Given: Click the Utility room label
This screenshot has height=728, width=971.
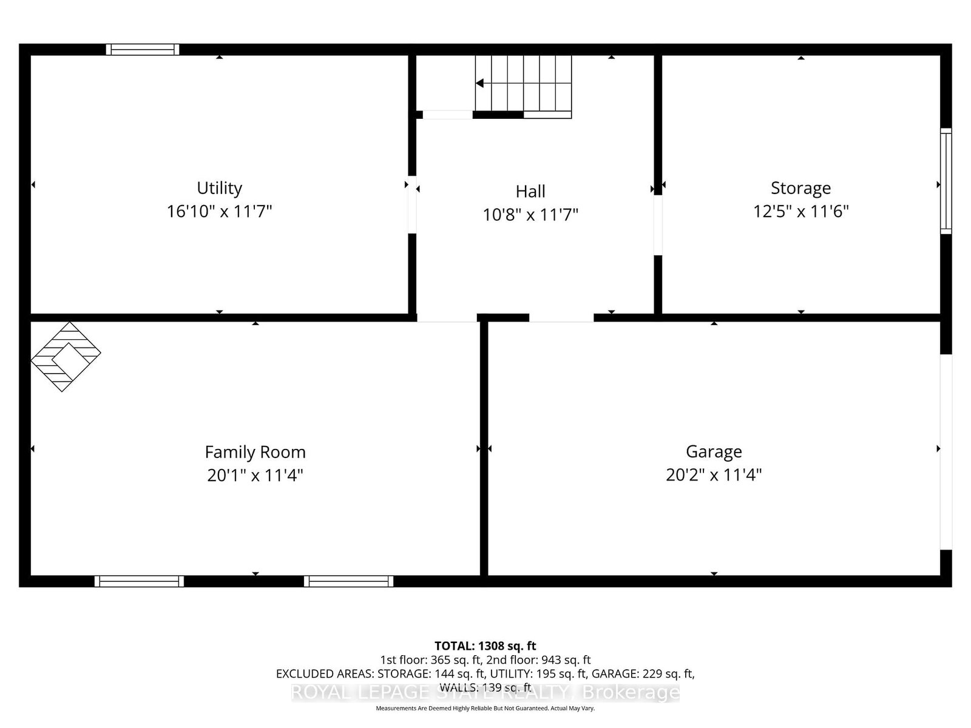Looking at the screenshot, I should (219, 188).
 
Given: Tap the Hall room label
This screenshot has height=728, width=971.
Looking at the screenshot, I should (530, 191).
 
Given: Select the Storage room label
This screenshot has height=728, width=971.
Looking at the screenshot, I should (800, 188).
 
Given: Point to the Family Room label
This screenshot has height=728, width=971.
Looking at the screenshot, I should (255, 452).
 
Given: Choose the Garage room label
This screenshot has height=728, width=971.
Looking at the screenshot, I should (714, 451).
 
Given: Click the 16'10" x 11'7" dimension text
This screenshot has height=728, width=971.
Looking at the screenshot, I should (219, 211).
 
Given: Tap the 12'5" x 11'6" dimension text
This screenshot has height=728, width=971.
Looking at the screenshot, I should (800, 211).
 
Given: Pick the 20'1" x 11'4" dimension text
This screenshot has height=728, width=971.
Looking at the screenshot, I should (255, 475).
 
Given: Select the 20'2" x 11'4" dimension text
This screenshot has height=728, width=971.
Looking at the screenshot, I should (714, 474).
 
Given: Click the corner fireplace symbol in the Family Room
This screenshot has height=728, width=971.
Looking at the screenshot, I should (65, 356).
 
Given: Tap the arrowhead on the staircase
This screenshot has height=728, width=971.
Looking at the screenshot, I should (479, 84).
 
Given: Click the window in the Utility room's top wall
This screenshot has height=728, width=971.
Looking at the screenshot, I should (143, 50).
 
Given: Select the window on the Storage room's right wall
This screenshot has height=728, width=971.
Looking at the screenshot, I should (946, 181).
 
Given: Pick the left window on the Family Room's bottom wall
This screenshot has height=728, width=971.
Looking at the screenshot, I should (139, 581).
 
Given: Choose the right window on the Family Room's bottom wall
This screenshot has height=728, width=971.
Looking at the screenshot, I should (348, 581).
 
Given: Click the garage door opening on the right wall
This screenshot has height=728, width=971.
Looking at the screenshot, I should (946, 452).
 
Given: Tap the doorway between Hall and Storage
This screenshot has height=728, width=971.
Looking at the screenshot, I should (658, 225).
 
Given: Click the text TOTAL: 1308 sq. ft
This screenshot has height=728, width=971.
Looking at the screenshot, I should (485, 646).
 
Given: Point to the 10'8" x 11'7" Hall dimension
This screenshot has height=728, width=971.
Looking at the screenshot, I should (530, 215).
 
